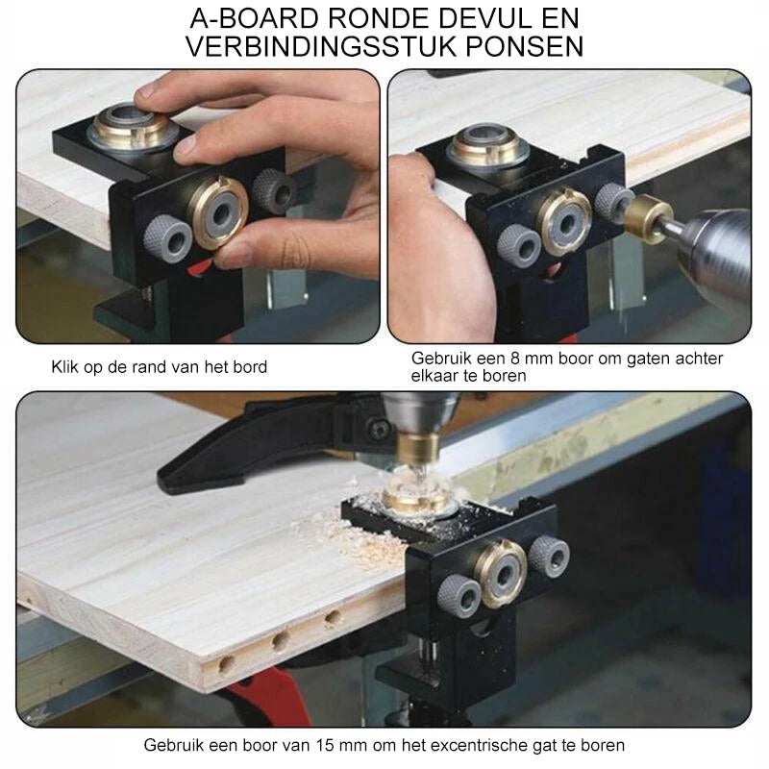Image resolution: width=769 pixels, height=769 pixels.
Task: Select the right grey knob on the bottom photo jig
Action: pos(549,556)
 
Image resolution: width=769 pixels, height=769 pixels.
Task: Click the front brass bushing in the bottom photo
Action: pos(500,574)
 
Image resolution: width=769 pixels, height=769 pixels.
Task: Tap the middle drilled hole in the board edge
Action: pos(281,639)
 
